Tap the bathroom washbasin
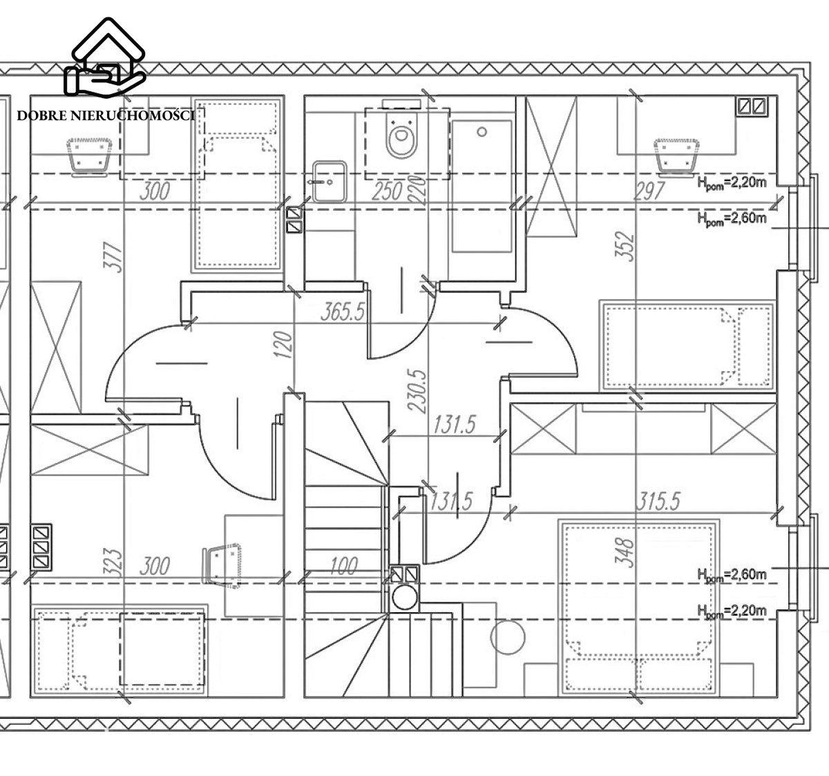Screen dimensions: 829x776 click(x=330, y=181)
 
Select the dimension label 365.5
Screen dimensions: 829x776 click(x=343, y=311)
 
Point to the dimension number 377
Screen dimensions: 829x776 click(x=114, y=257)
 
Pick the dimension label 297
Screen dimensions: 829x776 click(x=649, y=191)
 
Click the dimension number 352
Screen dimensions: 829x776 click(x=626, y=247)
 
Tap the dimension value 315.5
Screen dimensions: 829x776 click(x=658, y=501)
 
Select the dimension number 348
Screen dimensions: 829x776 click(x=626, y=553)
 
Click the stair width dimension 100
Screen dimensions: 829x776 click(x=344, y=567)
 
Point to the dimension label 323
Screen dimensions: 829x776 click(x=114, y=562)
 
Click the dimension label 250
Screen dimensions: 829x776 click(x=388, y=191)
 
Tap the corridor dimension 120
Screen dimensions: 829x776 click(x=284, y=344)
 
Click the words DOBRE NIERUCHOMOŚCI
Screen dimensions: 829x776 click(x=106, y=115)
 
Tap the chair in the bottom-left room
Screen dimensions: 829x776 click(x=222, y=566)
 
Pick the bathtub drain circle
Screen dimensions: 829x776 click(x=482, y=132)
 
